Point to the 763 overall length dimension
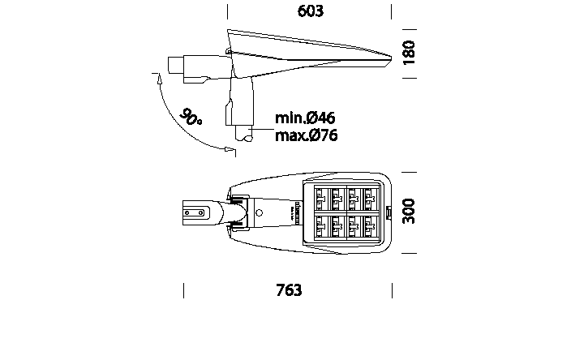point(289,289)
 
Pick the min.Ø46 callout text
point(305,119)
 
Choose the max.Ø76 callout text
point(306,135)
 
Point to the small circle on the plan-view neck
point(260,212)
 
